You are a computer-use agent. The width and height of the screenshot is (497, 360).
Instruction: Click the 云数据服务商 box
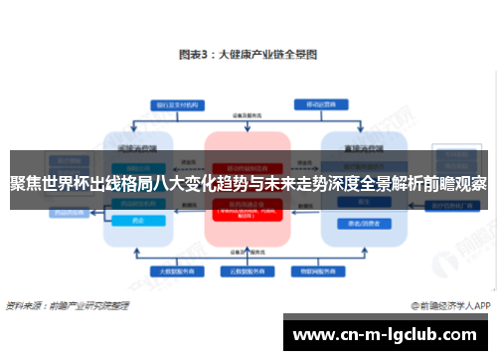tap(247, 270)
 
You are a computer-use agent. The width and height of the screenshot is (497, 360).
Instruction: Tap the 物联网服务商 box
tap(319, 270)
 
